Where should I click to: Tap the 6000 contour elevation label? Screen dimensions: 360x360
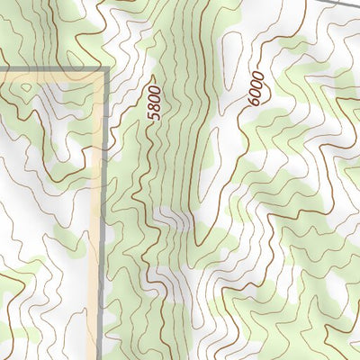click(256, 89)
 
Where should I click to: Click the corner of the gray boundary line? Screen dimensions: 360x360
click(106, 68)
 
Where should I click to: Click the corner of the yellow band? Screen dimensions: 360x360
click(97, 77)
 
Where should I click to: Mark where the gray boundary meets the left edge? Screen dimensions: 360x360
click(2, 68)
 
